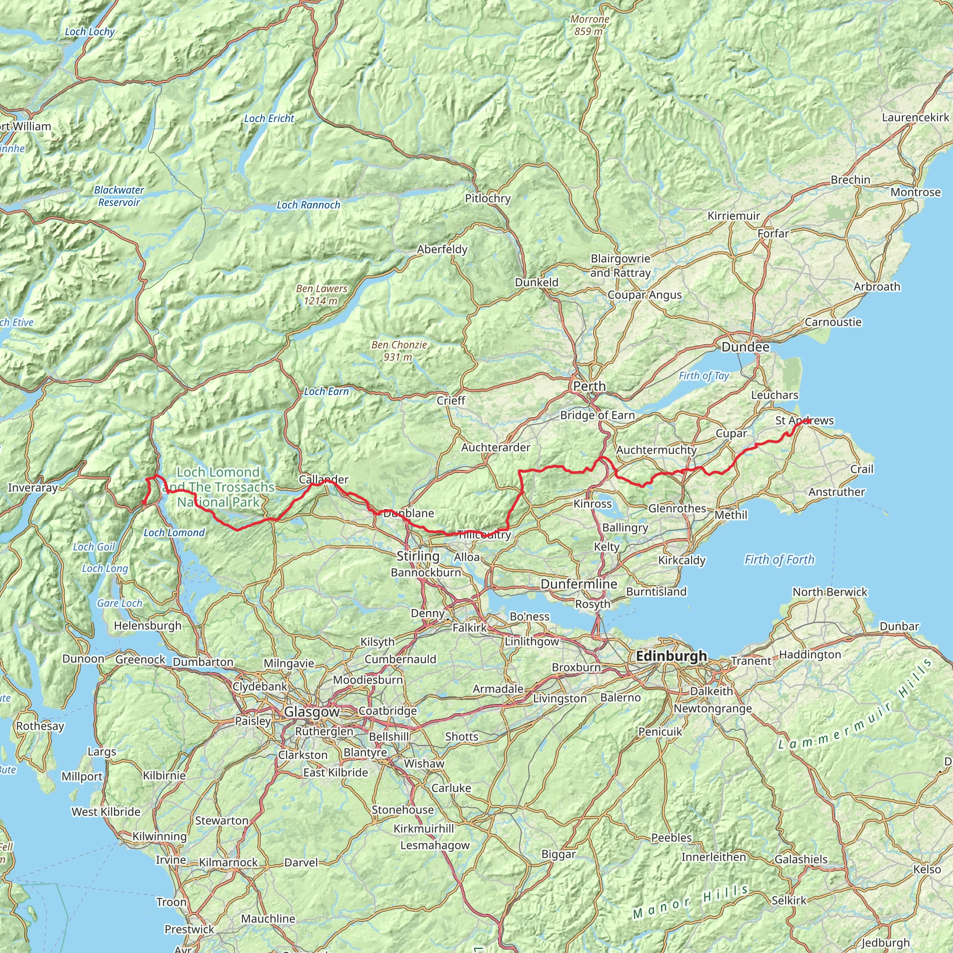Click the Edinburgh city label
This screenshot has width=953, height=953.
pos(671,656)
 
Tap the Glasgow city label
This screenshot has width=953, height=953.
pos(312,712)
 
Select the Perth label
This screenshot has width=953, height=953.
pos(589,386)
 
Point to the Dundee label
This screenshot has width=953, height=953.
pos(745,347)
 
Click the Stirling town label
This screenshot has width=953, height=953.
pos(418,556)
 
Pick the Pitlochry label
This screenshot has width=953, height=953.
pos(487,198)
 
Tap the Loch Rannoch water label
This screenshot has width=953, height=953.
pos(309,205)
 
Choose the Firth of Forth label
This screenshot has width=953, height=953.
pos(779,559)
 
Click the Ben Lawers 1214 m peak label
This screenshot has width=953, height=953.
pos(322,295)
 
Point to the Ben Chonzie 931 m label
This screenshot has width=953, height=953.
pos(399,351)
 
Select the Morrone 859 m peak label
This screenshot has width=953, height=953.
pos(590,25)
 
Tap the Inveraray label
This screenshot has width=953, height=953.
pos(33,488)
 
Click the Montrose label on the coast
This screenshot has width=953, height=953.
pos(915,192)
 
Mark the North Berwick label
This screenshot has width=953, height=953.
pos(830,592)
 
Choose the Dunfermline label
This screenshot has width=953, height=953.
pos(578,584)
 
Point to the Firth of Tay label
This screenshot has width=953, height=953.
pos(704,376)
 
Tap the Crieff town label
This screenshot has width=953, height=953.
pos(450,401)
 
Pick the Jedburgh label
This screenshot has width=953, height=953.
pos(886,943)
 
